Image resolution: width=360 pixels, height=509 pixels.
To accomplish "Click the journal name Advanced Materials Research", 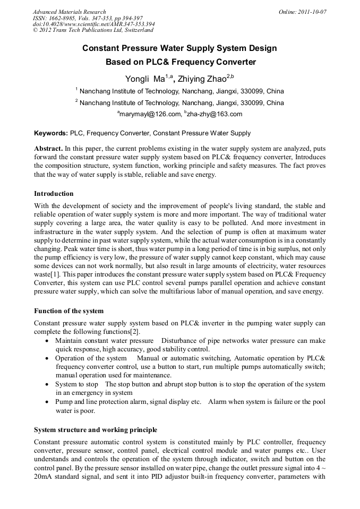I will pos(69,12).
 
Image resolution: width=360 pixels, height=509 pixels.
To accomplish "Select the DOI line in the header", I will pos(93,24).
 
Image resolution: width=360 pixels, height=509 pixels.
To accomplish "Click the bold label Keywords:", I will pos(51,133).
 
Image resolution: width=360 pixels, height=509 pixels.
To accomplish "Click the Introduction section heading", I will pos(54,193).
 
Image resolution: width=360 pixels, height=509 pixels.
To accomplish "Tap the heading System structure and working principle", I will pos(95,429).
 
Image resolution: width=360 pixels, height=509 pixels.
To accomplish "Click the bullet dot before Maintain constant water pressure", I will pos(48,341).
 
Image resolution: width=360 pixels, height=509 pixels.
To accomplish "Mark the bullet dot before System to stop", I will pos(48,384).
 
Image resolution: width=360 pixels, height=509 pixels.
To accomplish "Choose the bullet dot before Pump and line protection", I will pos(48,402).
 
